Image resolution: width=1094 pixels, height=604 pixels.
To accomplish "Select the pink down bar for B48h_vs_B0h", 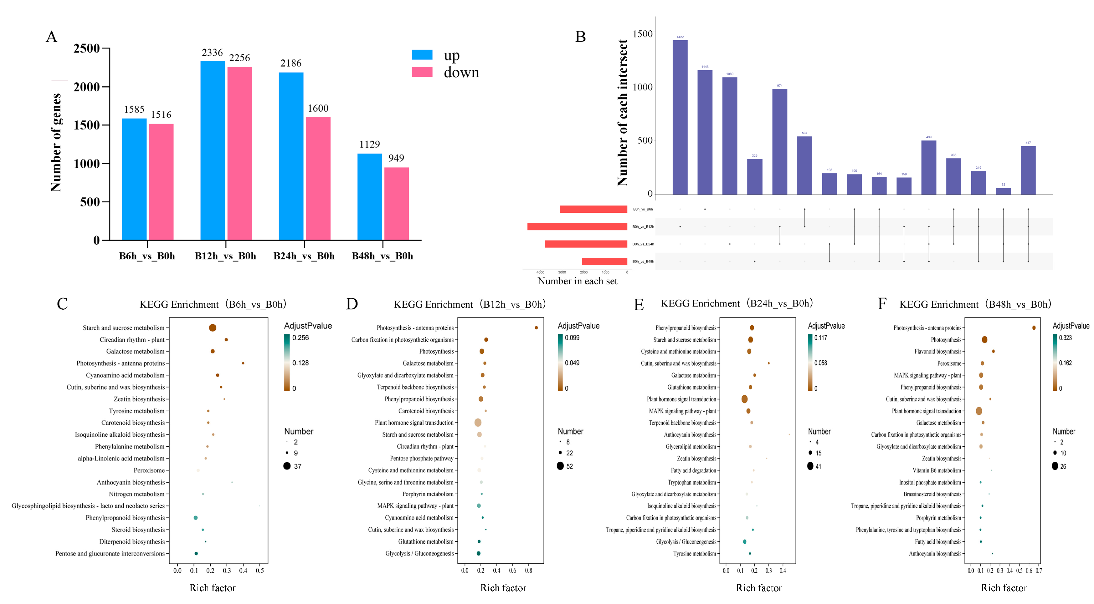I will (396, 204).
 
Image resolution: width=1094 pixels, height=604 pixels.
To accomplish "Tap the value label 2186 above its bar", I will (291, 63).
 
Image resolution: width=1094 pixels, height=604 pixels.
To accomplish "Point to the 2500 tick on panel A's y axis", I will (87, 48).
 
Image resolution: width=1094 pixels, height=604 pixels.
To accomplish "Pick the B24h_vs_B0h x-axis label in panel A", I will (304, 256).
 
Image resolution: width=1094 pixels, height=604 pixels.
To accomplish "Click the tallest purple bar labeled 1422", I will (680, 117).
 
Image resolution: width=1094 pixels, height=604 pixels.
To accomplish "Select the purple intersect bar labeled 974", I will (779, 141).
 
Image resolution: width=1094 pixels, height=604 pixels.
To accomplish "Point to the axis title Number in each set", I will (577, 281).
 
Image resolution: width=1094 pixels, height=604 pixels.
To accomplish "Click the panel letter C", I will (62, 304).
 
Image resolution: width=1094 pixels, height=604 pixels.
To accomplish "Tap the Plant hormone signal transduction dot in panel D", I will (478, 423).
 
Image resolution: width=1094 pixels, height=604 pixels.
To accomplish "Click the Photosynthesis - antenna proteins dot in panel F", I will (1034, 328).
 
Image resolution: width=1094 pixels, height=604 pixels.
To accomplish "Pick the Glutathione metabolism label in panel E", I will (691, 387).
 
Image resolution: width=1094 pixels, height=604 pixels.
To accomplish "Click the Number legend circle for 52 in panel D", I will (560, 466).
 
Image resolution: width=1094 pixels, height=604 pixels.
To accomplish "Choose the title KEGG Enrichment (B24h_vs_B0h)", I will (737, 303).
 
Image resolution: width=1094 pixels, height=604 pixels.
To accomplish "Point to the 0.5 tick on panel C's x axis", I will (260, 571).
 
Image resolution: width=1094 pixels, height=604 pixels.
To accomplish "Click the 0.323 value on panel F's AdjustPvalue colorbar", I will (1065, 338).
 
